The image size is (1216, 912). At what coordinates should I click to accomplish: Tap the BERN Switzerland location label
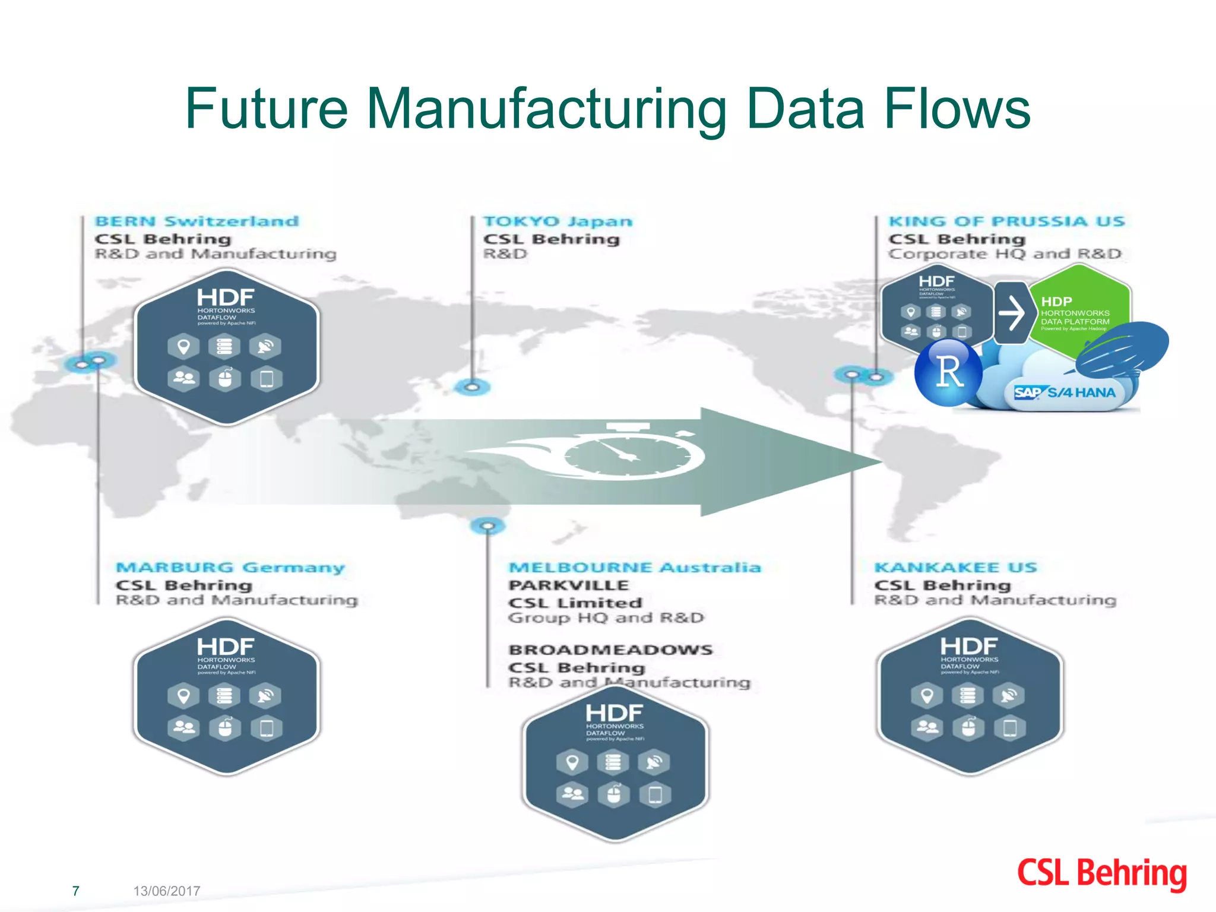click(197, 221)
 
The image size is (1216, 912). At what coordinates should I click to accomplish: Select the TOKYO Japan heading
click(558, 221)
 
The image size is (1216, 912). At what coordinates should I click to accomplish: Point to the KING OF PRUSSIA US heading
click(1006, 221)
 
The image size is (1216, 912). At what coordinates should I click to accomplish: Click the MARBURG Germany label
click(230, 568)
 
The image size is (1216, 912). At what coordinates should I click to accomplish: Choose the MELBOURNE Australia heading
click(634, 568)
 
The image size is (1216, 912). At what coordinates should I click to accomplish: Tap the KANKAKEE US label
click(955, 568)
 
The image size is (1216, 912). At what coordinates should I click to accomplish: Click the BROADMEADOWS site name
click(610, 650)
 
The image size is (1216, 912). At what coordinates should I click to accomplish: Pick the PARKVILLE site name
click(568, 585)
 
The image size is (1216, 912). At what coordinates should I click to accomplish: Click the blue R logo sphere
click(948, 372)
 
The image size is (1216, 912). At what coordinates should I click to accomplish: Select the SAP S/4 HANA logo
click(1065, 392)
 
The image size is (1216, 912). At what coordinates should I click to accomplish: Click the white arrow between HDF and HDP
click(1011, 313)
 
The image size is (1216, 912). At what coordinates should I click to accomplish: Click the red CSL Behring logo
click(1102, 874)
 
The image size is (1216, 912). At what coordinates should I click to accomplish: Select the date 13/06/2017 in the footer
click(167, 891)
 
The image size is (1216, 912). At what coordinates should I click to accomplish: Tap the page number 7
click(75, 891)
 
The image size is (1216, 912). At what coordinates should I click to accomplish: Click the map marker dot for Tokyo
click(472, 387)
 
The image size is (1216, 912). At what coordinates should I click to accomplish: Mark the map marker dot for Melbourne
click(487, 526)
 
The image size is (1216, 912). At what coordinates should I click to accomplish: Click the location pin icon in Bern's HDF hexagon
click(183, 346)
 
